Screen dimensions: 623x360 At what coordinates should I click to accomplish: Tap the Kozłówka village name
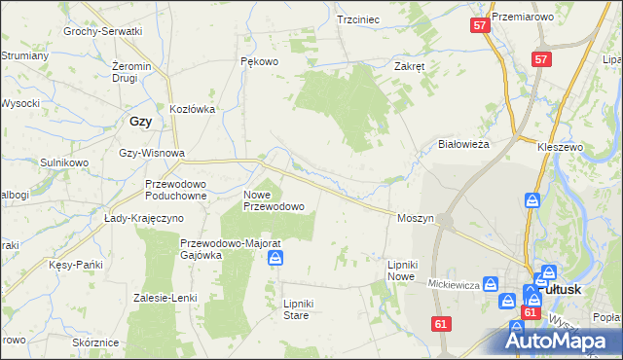click(x=192, y=109)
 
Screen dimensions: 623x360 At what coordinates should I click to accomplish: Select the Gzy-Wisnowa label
click(x=151, y=154)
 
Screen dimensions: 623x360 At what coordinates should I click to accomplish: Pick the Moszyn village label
click(x=415, y=219)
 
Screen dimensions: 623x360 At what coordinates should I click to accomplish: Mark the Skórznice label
click(x=95, y=343)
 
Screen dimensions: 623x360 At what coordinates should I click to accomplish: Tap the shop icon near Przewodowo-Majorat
click(x=276, y=258)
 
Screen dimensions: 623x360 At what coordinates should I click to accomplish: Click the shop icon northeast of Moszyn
click(x=532, y=199)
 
